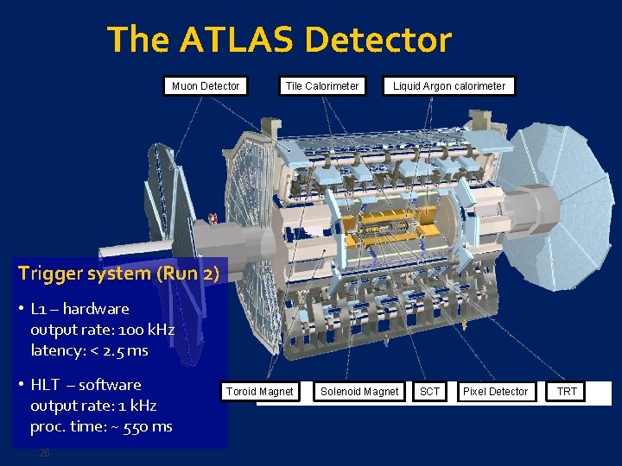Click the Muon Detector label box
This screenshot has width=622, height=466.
[x=206, y=85]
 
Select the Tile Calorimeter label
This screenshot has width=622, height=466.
[x=322, y=85]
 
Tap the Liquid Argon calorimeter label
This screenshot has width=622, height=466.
[x=449, y=85]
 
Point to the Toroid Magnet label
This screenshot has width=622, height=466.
[x=259, y=392]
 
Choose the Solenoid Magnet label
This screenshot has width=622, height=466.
[x=359, y=392]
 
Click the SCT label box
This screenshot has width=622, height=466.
[x=429, y=392]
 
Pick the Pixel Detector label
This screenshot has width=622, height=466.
[x=495, y=392]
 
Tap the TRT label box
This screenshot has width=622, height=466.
[x=567, y=392]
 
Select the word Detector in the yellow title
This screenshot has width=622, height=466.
[x=378, y=40]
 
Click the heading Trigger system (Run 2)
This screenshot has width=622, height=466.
[x=118, y=274]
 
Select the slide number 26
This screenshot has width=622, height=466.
[x=45, y=453]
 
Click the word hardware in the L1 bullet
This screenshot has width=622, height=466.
[x=96, y=309]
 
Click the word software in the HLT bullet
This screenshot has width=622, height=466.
[x=110, y=385]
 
